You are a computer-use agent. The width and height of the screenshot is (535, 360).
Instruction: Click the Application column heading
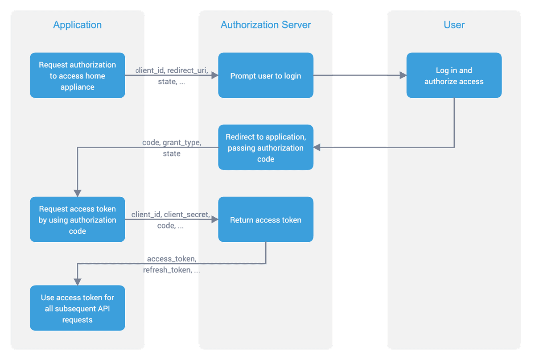(77, 25)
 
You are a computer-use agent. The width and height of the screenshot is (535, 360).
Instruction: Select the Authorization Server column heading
(266, 25)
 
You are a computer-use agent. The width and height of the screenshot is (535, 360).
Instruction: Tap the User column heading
(454, 25)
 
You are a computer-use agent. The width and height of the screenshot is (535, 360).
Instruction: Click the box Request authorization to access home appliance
(77, 75)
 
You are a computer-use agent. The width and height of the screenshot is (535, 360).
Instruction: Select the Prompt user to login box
(266, 75)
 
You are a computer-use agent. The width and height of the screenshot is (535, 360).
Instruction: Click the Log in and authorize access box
(454, 75)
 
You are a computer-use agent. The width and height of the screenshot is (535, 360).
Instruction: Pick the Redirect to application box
(266, 147)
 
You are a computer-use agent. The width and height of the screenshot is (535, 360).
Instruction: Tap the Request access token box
(77, 219)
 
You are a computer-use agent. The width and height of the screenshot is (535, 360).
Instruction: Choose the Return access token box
(266, 219)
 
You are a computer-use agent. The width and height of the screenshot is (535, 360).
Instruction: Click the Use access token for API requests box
(77, 308)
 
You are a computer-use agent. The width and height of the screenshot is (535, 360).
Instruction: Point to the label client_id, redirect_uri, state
(172, 76)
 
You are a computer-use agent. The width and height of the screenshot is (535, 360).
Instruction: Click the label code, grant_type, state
(172, 148)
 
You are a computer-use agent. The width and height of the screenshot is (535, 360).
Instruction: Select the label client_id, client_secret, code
(171, 220)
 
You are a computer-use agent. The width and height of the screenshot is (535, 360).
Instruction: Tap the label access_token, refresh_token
(171, 265)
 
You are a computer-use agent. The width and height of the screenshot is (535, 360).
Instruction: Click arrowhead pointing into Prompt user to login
(214, 76)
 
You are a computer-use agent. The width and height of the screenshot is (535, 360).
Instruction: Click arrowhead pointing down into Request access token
(78, 193)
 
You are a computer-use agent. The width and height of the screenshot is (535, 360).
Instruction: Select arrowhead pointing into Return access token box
(214, 219)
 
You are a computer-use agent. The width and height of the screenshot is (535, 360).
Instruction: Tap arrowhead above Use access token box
(78, 281)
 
